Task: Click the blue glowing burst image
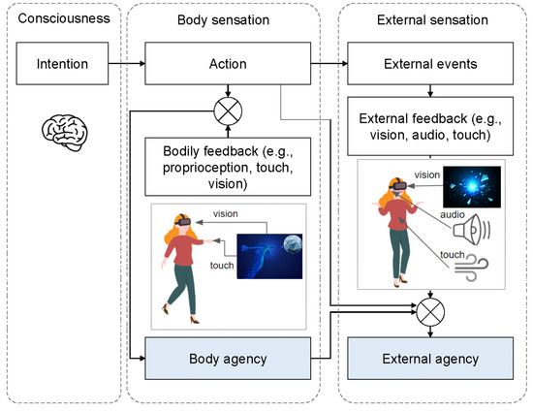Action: point(472,188)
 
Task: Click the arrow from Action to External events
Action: point(330,65)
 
